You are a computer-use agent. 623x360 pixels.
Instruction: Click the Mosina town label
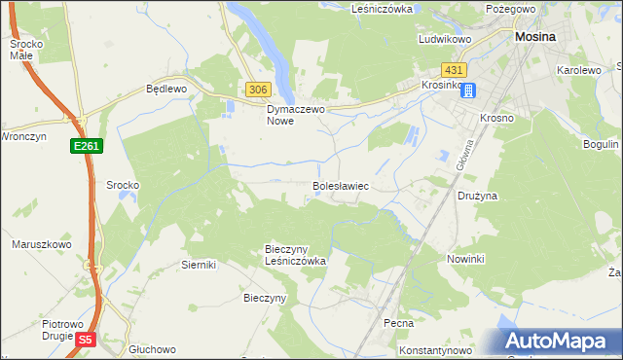(534, 36)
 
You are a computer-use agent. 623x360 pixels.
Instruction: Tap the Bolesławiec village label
(340, 184)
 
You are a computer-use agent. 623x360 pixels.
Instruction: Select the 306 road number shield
(257, 90)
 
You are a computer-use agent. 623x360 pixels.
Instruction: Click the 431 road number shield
(454, 71)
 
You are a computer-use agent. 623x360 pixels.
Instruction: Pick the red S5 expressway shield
(86, 339)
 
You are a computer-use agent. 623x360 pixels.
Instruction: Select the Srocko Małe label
(25, 50)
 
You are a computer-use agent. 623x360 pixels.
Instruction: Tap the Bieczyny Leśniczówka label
(295, 255)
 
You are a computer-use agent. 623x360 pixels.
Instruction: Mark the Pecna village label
(399, 322)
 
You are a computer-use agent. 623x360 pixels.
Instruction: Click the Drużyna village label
(478, 196)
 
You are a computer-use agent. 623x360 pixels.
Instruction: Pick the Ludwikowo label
(445, 40)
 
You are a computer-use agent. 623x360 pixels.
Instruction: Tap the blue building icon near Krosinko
(468, 90)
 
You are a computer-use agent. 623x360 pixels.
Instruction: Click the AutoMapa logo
(560, 342)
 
